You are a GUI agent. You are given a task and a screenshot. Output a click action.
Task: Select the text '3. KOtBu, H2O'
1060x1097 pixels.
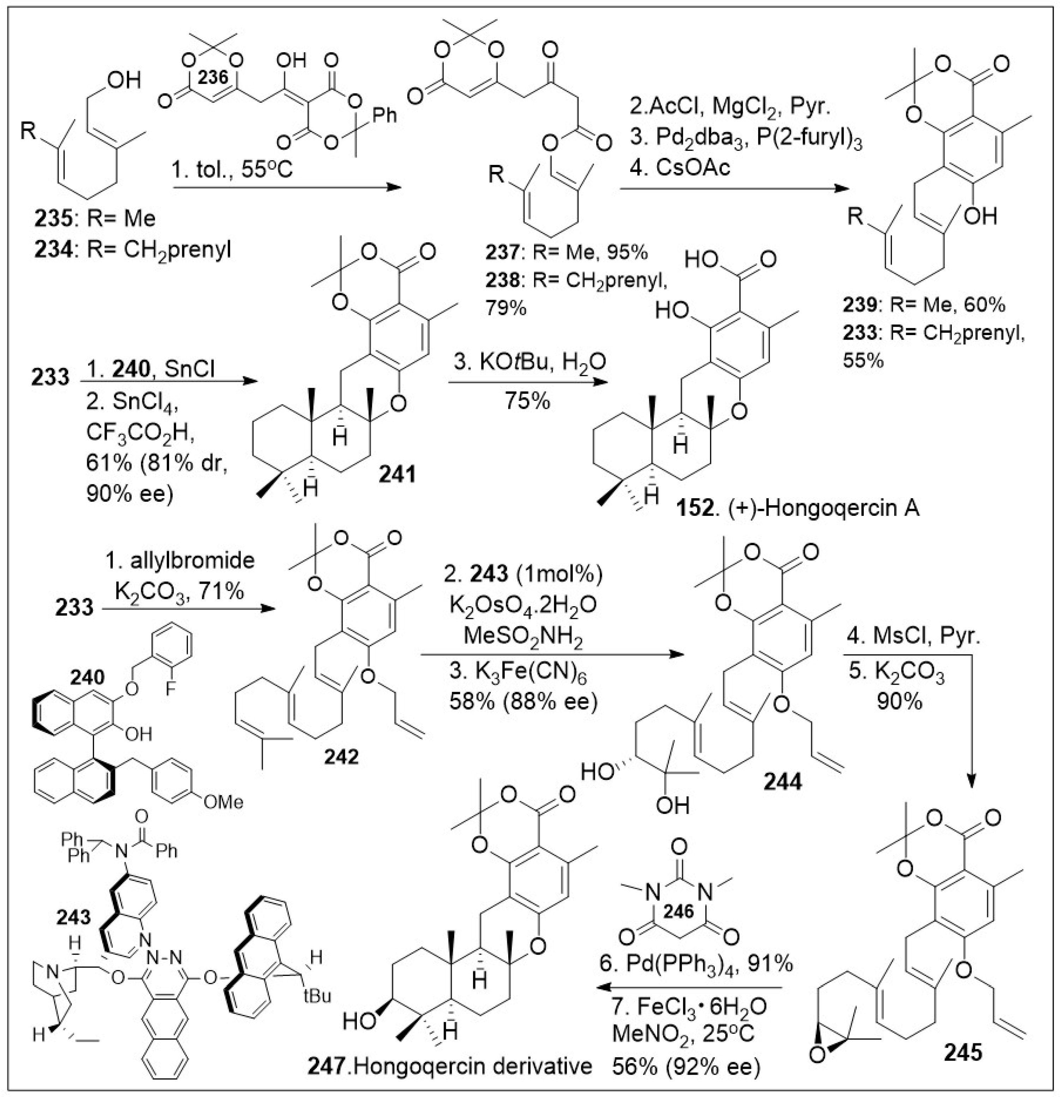[527, 362]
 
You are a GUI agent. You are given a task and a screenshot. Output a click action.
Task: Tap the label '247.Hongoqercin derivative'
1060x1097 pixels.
[449, 1066]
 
